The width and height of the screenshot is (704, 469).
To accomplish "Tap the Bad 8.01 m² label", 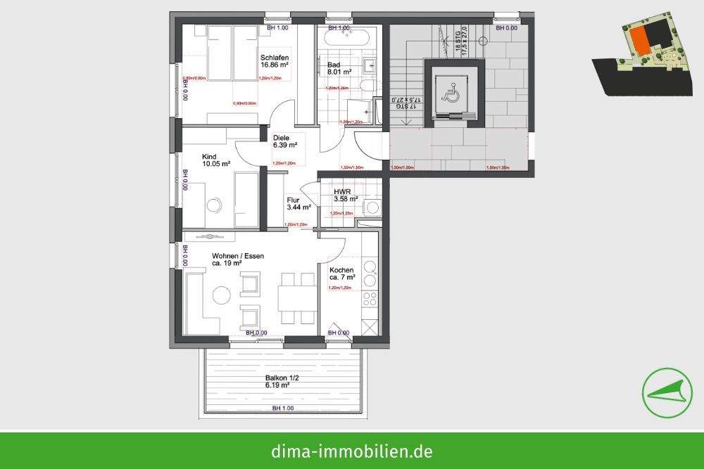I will tap(338, 68).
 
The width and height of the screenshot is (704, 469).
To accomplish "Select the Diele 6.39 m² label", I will tap(285, 141).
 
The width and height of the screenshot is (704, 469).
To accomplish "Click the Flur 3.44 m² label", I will tap(299, 204).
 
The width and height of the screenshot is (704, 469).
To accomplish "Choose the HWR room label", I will tap(346, 195).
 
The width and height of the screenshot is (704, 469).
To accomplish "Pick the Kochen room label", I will tap(342, 274).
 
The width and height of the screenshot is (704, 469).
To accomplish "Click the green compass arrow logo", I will tap(665, 392).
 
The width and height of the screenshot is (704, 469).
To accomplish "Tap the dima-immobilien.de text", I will tap(352, 451).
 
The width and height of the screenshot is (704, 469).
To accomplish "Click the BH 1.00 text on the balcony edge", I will tap(282, 409).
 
